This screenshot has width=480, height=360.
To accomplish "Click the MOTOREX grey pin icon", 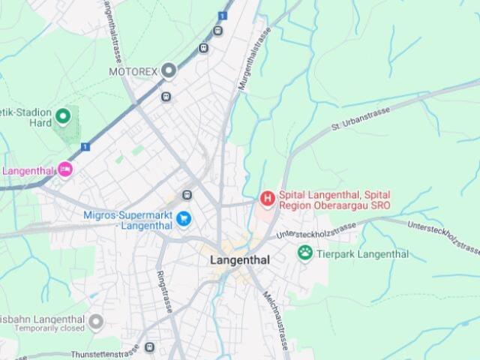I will tap(169, 71).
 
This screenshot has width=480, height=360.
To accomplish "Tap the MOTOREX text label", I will tap(133, 72).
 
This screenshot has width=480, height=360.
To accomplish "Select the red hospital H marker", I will tap(266, 199).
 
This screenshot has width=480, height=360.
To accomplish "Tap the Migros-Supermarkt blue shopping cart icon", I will tap(184, 220).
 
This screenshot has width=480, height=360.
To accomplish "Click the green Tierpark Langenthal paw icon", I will tap(304, 253).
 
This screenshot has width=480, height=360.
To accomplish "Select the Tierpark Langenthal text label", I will tap(362, 254).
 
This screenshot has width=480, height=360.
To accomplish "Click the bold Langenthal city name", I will tap(239, 259).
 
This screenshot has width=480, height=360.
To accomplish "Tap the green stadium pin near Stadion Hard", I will tap(63, 116).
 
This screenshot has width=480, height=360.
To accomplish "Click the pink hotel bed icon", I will tap(65, 170).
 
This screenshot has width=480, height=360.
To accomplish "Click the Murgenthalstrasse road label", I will tap(253, 57).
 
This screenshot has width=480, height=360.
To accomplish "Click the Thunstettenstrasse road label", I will tap(105, 352).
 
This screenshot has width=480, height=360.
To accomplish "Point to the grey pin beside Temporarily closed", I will tap(95, 322).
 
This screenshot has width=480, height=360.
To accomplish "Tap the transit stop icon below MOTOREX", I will tap(166, 96).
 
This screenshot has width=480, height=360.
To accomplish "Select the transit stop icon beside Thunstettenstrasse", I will tap(149, 347).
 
